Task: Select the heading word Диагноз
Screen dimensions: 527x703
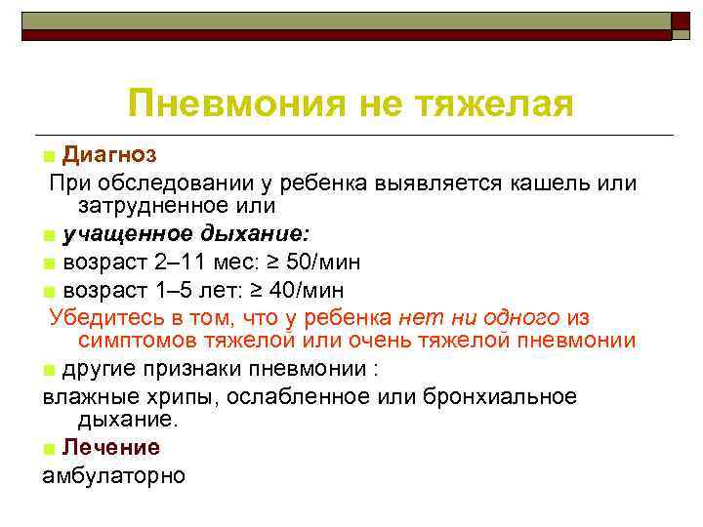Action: tap(108, 154)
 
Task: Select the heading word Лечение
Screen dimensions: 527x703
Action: tap(110, 447)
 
